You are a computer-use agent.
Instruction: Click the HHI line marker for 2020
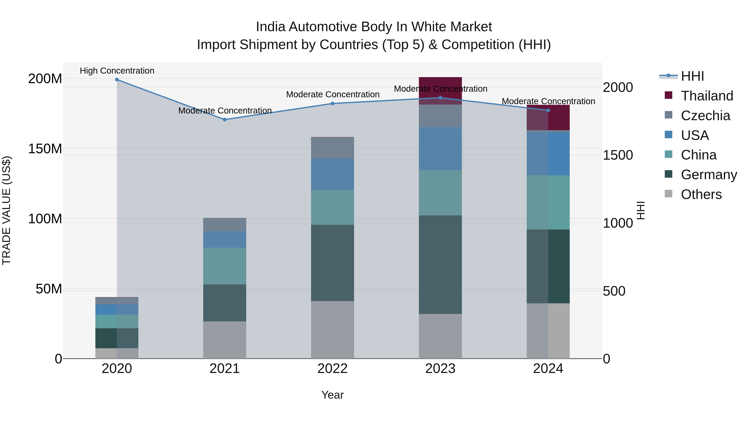117,79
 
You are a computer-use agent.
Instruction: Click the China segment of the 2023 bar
440,193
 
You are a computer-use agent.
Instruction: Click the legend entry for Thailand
707,96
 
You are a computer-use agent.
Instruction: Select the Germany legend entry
709,174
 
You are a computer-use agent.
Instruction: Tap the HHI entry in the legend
692,76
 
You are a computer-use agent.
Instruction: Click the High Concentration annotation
117,71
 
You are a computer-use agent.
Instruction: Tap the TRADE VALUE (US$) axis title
6,210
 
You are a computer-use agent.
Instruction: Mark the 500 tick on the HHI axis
614,291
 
